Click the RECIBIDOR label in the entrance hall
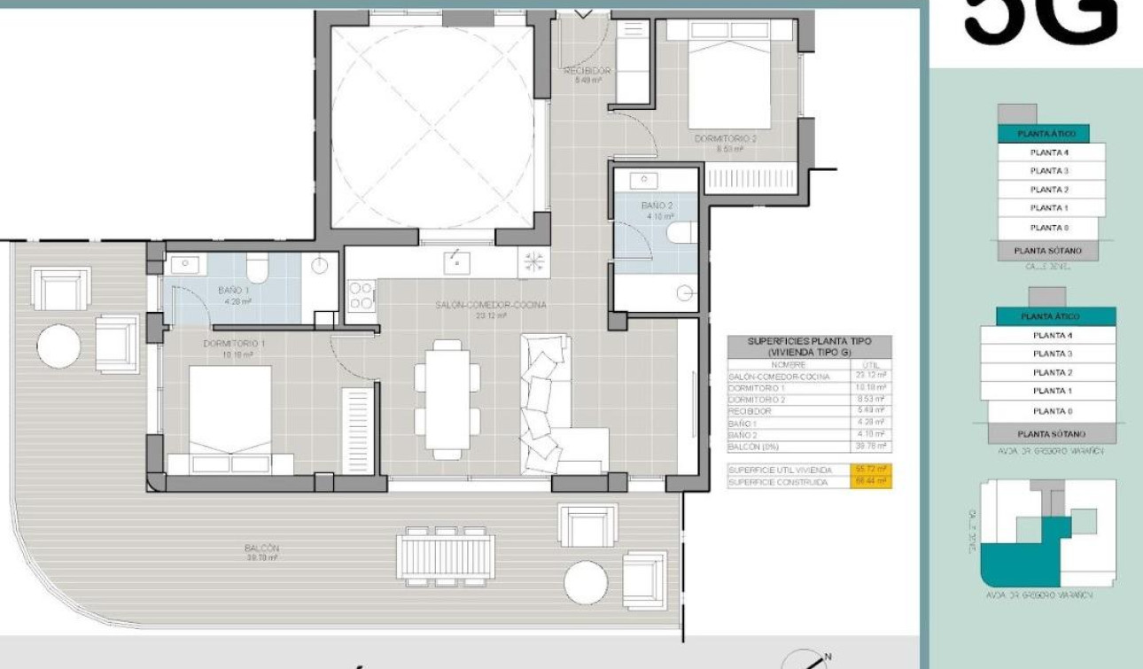tap(587, 71)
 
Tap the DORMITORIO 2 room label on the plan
tap(725, 139)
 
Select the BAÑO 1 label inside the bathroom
tap(234, 291)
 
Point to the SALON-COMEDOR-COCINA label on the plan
tap(490, 305)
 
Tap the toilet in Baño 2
tap(683, 232)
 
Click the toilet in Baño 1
tap(257, 267)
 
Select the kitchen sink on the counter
tap(458, 260)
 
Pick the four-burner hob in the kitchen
tap(362, 294)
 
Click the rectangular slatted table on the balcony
tap(446, 555)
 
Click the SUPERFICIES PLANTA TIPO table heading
tap(809, 346)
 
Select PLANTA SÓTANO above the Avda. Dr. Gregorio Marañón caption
tap(1051, 434)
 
